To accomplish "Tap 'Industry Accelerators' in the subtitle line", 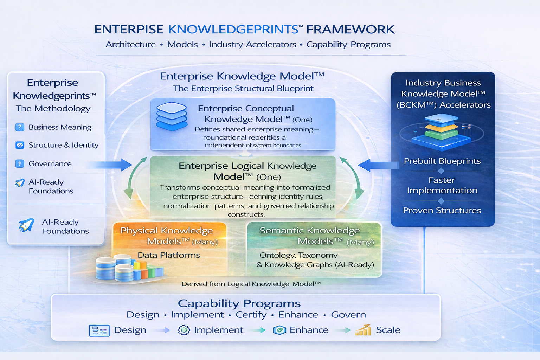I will click(x=253, y=45).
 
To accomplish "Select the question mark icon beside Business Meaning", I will click(x=20, y=127).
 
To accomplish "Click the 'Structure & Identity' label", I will click(x=63, y=145).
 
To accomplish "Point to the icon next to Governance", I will click(x=20, y=164).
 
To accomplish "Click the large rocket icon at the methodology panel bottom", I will click(x=26, y=226).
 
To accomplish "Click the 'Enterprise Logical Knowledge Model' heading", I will click(x=247, y=171).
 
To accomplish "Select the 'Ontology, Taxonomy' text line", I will click(x=298, y=255).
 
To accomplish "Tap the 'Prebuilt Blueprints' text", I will click(x=442, y=161).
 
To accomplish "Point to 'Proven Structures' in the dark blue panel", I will click(x=442, y=210).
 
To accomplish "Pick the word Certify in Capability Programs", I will click(x=251, y=315).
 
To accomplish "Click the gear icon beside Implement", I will click(x=184, y=330).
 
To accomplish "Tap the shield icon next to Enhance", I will click(x=279, y=330).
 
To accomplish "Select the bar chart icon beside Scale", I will click(x=364, y=330).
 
